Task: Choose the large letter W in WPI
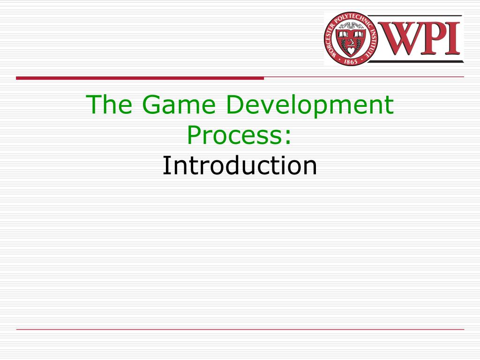click(x=402, y=38)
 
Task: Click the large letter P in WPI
click(x=434, y=38)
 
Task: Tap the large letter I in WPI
click(x=453, y=38)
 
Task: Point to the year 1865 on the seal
click(x=351, y=61)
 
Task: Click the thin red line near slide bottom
click(x=240, y=330)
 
